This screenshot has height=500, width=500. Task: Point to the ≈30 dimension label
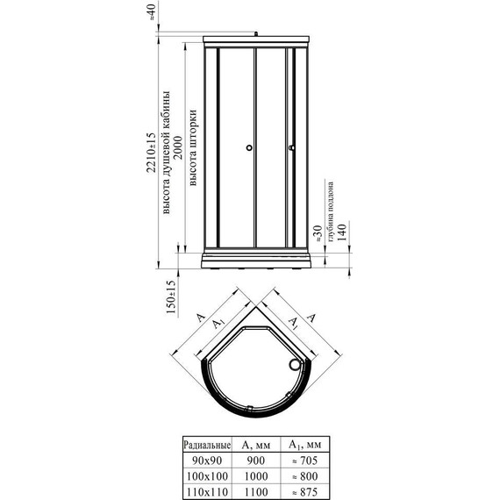[x=318, y=234]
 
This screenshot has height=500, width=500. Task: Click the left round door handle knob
[x=249, y=148]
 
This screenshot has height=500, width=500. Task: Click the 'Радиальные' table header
[x=207, y=444]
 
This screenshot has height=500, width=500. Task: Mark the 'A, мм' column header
[x=255, y=444]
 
